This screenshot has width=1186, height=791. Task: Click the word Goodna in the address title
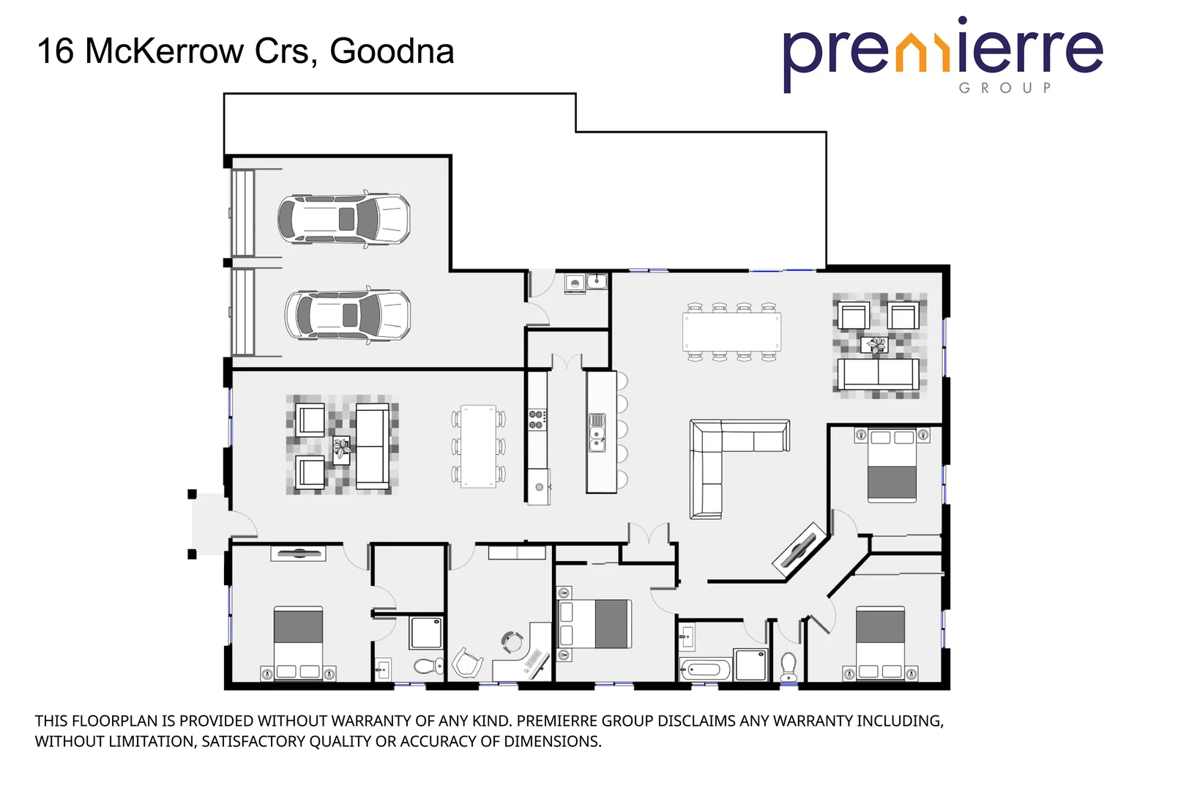[x=392, y=51]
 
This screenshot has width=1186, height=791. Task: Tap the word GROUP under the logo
[x=1005, y=88]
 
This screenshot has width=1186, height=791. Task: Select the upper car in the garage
[x=344, y=219]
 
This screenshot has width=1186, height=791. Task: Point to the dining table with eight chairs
[x=731, y=333]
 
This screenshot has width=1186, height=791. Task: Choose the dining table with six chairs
[x=478, y=446]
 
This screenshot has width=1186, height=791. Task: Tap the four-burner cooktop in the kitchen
[x=537, y=419]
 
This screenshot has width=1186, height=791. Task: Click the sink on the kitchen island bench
[x=597, y=437]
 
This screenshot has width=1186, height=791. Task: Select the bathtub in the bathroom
[x=704, y=669]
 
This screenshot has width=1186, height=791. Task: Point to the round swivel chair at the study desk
[x=512, y=642]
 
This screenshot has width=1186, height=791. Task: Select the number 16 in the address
[x=56, y=51]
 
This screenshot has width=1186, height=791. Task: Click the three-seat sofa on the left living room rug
[x=372, y=445]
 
